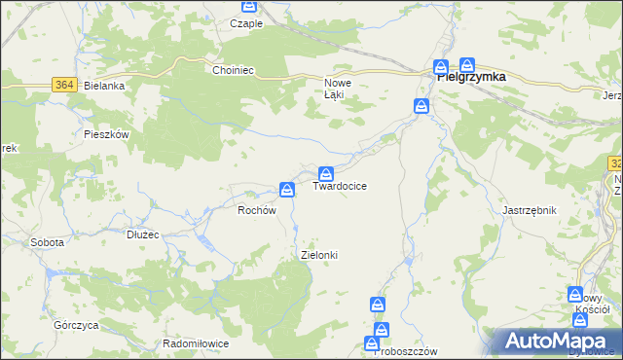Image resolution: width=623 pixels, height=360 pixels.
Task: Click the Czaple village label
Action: point(246,22)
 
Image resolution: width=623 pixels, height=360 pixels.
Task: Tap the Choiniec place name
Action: point(234,70)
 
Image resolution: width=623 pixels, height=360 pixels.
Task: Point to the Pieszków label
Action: point(107,135)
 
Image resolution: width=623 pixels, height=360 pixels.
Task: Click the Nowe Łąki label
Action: point(338,89)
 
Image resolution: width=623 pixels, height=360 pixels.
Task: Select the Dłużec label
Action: point(142,234)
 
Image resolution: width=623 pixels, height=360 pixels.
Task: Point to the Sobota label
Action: point(47,242)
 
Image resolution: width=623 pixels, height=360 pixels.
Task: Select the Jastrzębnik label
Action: point(529,210)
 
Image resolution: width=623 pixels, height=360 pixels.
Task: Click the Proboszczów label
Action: point(407,351)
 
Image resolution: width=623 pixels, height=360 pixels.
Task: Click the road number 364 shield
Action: point(65,86)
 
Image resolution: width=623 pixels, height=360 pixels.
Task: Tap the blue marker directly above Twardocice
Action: point(327,172)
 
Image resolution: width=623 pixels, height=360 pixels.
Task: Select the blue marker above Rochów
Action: point(287,188)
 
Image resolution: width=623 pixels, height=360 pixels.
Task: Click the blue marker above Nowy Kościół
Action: point(577,293)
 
